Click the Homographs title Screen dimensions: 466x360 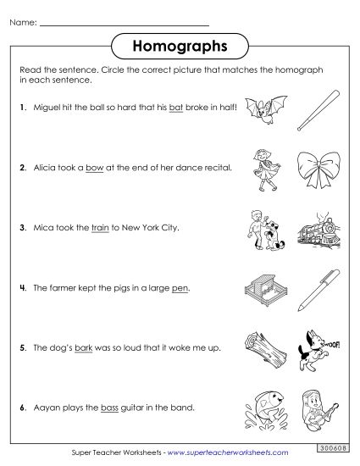coord(180,42)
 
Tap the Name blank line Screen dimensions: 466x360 coord(125,24)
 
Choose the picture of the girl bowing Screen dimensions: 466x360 coord(263,169)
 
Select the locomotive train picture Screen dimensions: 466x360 coord(315,229)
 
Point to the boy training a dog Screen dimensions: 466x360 coord(263,229)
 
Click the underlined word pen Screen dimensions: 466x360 coord(180,288)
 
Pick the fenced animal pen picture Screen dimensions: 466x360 coord(263,288)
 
